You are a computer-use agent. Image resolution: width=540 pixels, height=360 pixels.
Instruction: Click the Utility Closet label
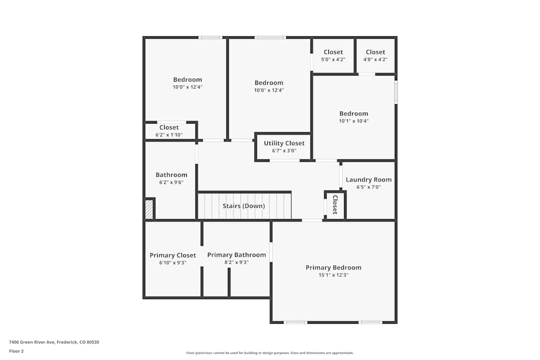284,143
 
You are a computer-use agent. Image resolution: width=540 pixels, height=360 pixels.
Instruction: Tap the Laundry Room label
369,180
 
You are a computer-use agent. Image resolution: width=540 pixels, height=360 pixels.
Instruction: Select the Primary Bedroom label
333,268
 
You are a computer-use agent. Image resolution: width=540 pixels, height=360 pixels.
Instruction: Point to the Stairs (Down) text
244,206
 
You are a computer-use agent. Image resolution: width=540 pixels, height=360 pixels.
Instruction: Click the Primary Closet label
173,255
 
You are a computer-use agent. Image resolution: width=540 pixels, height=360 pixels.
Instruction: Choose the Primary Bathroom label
237,255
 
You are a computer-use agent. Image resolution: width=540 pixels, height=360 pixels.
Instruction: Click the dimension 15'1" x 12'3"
333,275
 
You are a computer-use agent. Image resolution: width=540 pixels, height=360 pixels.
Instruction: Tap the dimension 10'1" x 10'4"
354,121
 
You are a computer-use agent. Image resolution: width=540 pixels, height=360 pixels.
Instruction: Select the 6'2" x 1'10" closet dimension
169,135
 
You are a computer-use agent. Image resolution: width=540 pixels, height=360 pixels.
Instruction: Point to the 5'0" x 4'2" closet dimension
333,59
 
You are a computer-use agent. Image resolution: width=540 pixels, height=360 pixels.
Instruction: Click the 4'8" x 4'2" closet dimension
375,59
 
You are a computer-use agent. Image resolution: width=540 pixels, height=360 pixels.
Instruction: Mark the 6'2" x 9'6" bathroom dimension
172,182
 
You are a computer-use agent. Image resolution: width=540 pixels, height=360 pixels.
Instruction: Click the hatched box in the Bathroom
149,209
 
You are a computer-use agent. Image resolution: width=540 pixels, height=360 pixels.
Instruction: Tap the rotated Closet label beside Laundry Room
335,205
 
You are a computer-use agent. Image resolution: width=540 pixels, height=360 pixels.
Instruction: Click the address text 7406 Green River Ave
54,342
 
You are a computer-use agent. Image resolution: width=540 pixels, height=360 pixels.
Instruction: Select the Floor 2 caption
16,351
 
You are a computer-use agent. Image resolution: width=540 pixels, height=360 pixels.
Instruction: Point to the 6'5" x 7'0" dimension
369,187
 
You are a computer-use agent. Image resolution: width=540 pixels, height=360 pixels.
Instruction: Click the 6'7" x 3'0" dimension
284,151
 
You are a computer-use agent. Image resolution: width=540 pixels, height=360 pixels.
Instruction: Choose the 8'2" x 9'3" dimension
237,262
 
